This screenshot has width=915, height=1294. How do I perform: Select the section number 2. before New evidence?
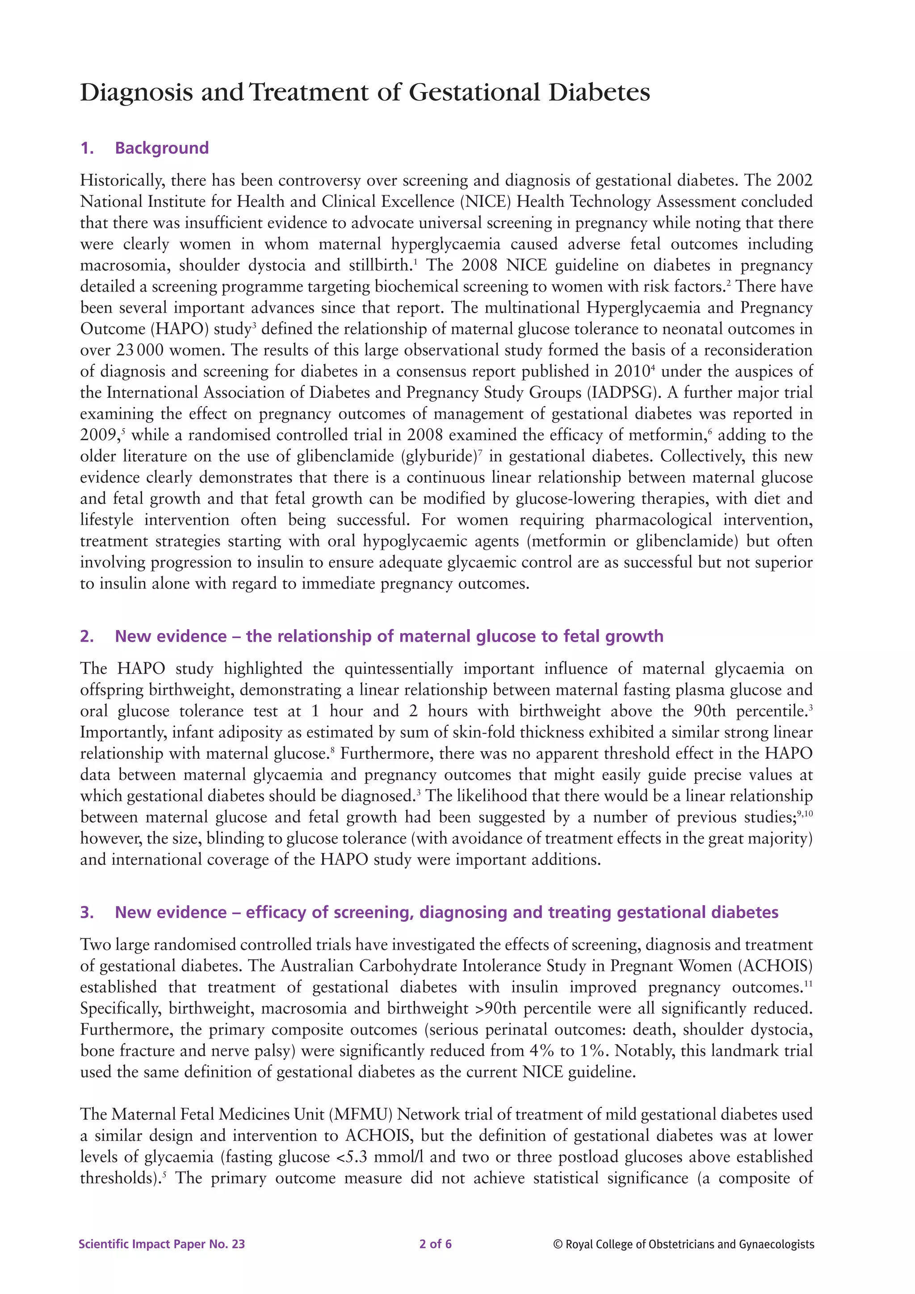87,636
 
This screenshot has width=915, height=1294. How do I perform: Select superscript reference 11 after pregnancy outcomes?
808,983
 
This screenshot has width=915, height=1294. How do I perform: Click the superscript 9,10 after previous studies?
805,813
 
